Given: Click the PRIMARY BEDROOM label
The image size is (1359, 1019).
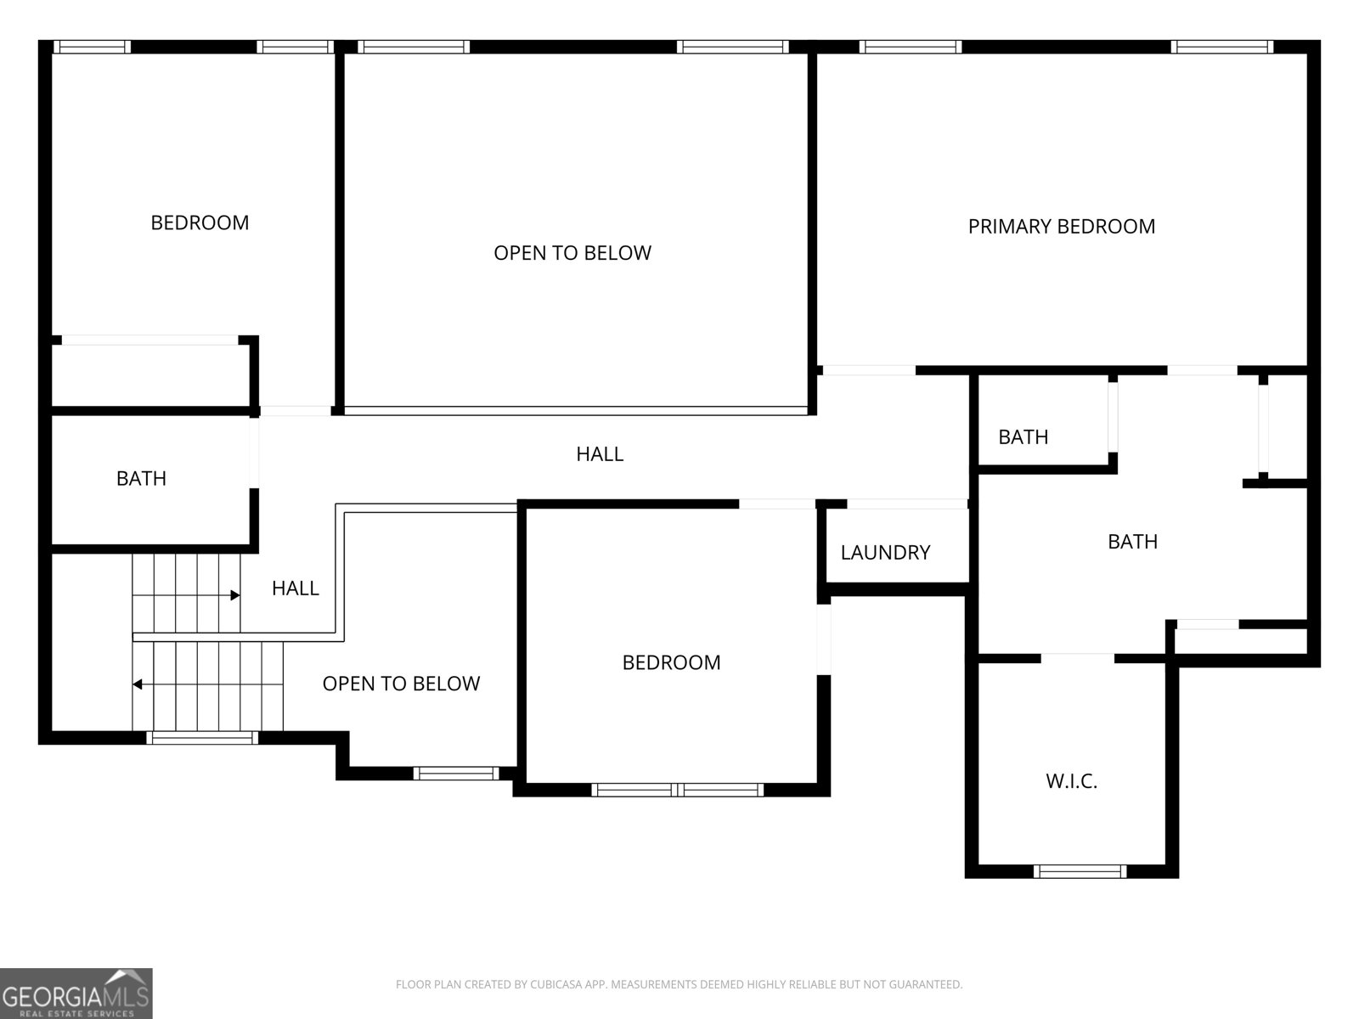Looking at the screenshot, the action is [1061, 227].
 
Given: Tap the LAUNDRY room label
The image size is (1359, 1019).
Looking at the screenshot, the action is [885, 553].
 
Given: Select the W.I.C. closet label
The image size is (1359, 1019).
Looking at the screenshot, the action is [1072, 780].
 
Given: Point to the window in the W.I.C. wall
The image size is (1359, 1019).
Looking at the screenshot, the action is [1080, 872].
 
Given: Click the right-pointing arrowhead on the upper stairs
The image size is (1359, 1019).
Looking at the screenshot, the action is [235, 595].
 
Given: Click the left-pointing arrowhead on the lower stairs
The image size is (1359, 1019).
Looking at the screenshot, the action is [138, 684].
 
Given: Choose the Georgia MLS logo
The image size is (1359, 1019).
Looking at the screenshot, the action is [76, 993].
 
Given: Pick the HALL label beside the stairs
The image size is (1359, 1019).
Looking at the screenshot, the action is [296, 588].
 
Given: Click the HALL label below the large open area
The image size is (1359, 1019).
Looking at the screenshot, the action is [600, 454].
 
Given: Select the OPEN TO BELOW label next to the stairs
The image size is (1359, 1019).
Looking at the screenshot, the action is [401, 684].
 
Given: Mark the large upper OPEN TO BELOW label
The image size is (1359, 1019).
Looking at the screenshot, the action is [572, 253].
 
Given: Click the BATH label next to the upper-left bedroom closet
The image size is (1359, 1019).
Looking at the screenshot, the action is [141, 478].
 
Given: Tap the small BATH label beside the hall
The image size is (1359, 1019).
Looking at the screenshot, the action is [1023, 437].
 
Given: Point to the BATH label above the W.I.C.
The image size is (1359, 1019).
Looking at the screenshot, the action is [1132, 542].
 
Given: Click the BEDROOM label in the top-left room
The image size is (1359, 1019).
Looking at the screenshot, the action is [200, 222].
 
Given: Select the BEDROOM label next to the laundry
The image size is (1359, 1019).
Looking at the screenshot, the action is [671, 662].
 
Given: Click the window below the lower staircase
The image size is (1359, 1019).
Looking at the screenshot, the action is [202, 737].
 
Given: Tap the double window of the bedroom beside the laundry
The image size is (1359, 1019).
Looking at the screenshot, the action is [677, 790].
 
